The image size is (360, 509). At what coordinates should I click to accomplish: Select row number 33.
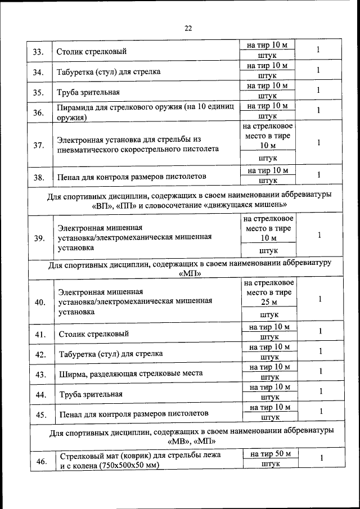point(38,52)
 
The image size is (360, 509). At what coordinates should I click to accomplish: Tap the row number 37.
point(38,145)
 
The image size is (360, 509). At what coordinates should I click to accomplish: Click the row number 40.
point(40,302)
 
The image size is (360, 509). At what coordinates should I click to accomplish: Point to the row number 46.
point(41,461)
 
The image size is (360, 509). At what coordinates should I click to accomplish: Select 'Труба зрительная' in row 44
point(91,394)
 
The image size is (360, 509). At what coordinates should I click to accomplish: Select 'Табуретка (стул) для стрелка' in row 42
point(111,354)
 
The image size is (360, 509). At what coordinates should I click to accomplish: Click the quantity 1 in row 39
point(319,236)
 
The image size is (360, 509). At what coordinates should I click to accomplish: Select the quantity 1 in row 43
point(321,371)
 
